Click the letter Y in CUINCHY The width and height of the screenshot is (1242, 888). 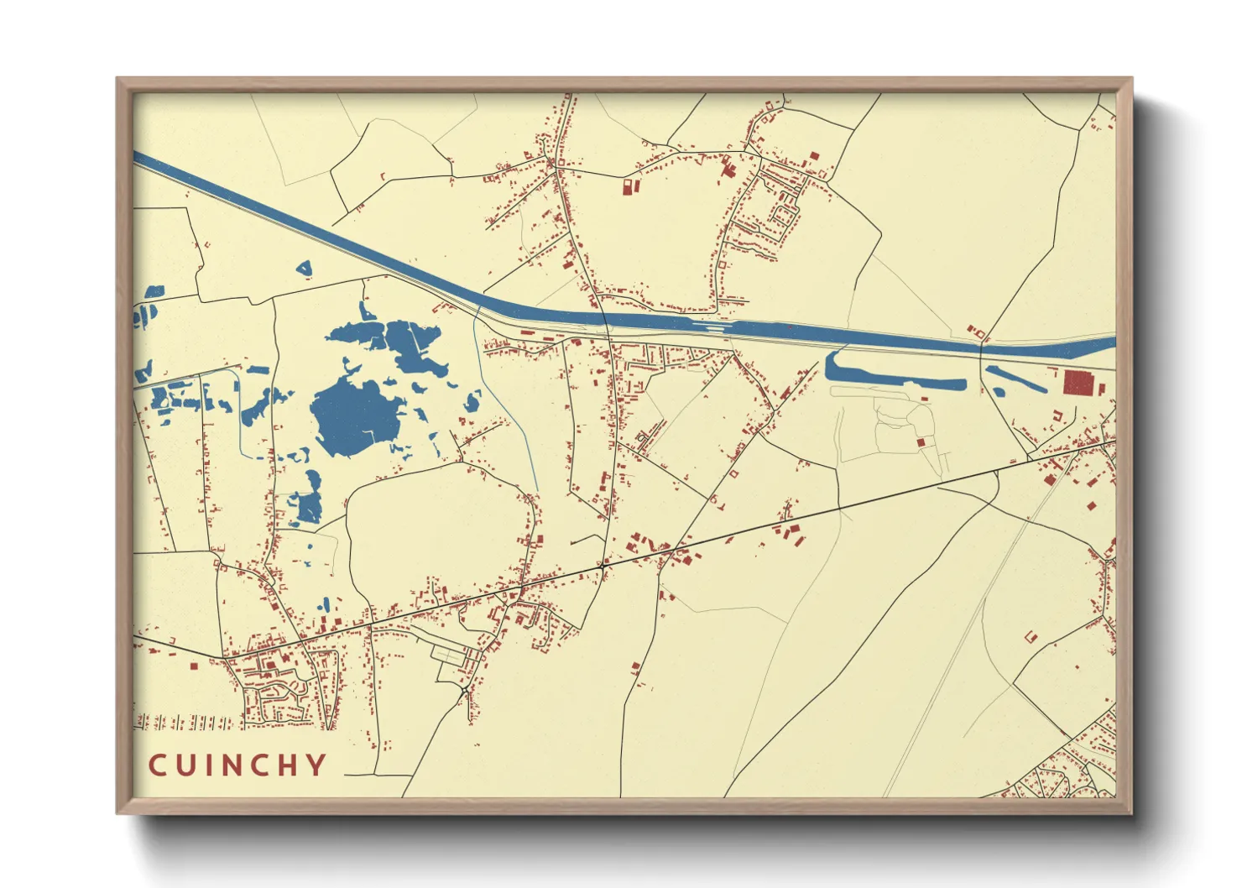click(x=316, y=765)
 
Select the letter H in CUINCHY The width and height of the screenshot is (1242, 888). click(x=284, y=765)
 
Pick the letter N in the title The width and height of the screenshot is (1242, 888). click(x=230, y=765)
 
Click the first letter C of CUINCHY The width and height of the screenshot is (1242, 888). click(x=158, y=765)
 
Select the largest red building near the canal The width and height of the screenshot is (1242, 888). click(x=1078, y=383)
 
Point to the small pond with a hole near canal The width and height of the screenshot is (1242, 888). click(x=304, y=269)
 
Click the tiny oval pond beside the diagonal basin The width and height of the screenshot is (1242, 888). click(x=999, y=391)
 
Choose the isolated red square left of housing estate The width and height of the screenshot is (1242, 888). click(x=193, y=666)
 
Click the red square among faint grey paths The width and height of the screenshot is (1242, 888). click(x=920, y=441)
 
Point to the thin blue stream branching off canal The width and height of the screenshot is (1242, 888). click(x=508, y=403)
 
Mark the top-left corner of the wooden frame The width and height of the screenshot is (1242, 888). click(x=117, y=79)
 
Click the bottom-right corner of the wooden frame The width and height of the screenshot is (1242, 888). click(x=1132, y=812)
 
